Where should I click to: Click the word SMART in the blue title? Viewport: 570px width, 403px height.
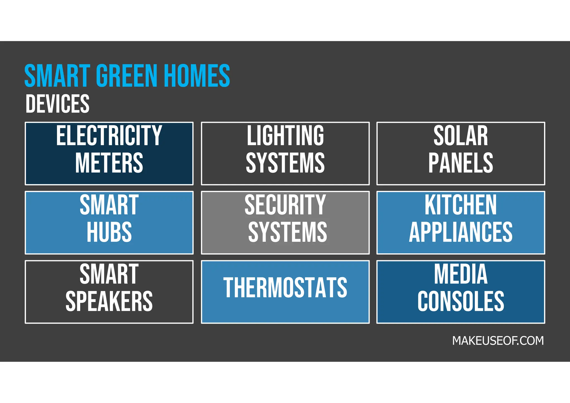click(57, 76)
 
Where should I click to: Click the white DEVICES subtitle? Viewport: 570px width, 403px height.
click(58, 104)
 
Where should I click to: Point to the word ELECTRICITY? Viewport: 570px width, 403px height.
click(109, 136)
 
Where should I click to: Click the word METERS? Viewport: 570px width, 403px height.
click(109, 163)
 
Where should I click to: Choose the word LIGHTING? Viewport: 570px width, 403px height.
click(285, 136)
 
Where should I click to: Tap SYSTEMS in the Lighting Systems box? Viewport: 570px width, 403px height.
click(285, 163)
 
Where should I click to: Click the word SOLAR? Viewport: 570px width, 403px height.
click(461, 136)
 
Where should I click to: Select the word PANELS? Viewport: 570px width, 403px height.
click(461, 163)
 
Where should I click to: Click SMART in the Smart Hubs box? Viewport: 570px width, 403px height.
click(109, 205)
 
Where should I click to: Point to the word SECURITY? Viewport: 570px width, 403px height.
click(285, 205)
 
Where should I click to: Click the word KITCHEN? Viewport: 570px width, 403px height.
click(461, 205)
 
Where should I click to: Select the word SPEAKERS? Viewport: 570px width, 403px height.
click(109, 301)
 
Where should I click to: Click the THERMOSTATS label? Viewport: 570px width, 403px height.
click(285, 288)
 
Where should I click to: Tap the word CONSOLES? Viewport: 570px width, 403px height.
click(461, 301)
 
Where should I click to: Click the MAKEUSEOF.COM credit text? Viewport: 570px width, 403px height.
click(498, 341)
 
